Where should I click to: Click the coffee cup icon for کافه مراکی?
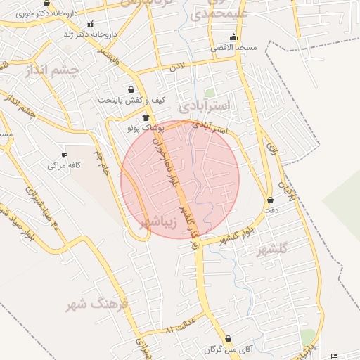point(65,155)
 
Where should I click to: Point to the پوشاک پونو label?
point(145,129)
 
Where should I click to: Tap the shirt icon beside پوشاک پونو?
point(146,117)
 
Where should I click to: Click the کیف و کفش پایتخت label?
point(131,101)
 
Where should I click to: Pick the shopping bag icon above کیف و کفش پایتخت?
point(131,90)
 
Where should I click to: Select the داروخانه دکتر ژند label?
point(89,34)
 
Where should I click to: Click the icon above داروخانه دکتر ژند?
point(90,24)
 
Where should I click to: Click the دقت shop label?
point(270,209)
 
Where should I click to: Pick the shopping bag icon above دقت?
point(270,200)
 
